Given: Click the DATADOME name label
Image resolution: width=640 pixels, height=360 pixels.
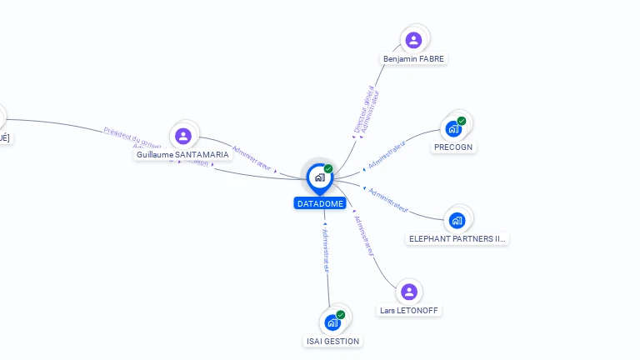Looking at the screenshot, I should coord(320,203).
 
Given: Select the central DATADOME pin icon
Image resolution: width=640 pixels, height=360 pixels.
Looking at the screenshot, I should coord(319,177).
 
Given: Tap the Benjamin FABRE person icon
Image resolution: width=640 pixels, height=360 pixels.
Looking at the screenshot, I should coord(413,40).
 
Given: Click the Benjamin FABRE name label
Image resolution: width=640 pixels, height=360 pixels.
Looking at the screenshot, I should coord(414,59).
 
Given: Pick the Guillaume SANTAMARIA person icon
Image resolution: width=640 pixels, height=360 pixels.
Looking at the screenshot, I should coord(183,136).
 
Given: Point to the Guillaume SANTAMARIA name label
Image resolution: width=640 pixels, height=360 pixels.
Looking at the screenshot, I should coord(182,155).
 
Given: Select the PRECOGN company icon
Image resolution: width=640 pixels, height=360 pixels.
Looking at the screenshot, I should coord(453,129).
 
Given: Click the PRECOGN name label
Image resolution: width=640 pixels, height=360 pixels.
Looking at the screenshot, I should coord(453,147).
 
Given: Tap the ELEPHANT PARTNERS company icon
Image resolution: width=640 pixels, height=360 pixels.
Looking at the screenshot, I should coord(457,221).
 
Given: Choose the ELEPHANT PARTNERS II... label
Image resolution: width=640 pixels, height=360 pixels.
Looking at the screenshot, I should coord(457,238).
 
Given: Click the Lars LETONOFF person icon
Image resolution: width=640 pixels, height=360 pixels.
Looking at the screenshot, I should coord(408,292).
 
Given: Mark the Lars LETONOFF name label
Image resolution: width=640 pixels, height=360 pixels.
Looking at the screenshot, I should coord(409,311).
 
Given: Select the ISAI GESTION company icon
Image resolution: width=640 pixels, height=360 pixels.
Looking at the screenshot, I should coord(332,322).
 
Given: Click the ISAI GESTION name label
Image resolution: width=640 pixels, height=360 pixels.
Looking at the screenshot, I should coord(332,341).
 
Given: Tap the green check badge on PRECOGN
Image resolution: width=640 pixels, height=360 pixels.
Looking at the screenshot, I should coord(462,122).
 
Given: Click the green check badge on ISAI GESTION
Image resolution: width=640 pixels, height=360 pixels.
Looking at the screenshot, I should coord(341,315).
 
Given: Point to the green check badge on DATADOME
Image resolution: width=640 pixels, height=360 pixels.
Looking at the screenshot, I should coord(328,169).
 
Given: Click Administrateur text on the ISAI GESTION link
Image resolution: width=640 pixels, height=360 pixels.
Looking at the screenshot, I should coord(326,249).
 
